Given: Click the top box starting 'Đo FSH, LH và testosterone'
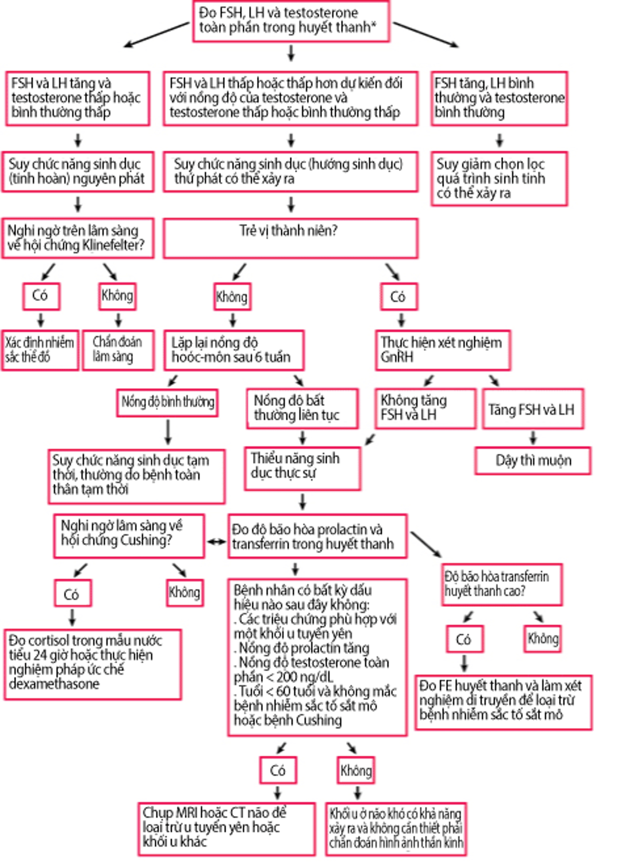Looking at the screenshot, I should [x=291, y=21].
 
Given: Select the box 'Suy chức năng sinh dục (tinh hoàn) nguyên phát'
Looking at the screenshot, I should [x=78, y=171].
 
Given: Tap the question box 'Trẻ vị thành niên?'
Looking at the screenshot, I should [x=290, y=238].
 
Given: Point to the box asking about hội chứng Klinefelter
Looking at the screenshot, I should [x=78, y=238].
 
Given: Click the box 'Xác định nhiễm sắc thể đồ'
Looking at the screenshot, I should [x=40, y=350].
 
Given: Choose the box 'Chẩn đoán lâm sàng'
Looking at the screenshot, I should [x=118, y=350].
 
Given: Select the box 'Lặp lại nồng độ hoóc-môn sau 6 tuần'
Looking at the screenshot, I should [x=233, y=350].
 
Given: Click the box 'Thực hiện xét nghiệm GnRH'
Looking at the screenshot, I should [x=442, y=350].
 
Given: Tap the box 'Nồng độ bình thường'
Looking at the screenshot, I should [x=167, y=402].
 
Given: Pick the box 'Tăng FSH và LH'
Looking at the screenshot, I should [x=532, y=409].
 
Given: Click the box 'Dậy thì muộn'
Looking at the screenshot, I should [x=533, y=461].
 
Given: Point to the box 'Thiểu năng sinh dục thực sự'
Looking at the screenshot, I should [x=302, y=468].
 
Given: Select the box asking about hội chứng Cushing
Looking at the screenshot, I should [x=129, y=536].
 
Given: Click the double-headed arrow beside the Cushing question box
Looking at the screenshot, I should [x=216, y=541].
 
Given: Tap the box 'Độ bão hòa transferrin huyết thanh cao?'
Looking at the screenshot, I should [x=502, y=584].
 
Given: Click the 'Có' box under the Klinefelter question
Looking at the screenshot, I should [x=41, y=296].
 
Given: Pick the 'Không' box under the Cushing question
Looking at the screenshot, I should [x=185, y=592].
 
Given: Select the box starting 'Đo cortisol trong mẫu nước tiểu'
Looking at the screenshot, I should [x=93, y=664].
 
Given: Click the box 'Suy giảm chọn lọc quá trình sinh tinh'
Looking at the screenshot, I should [x=499, y=179].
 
